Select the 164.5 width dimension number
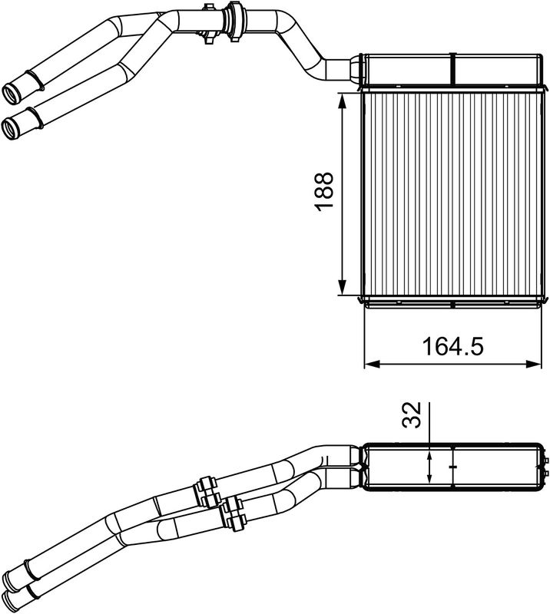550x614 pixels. tap(452, 347)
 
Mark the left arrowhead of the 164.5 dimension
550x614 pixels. tap(369, 364)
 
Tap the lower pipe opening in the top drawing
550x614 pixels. tap(11, 126)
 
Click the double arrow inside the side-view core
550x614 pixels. tap(430, 465)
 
